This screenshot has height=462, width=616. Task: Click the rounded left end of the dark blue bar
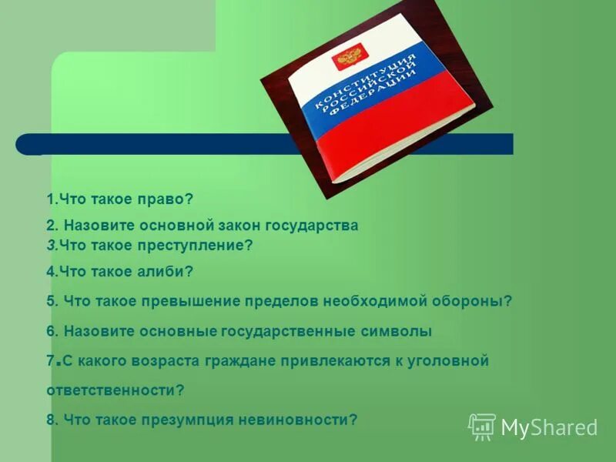(25, 144)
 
